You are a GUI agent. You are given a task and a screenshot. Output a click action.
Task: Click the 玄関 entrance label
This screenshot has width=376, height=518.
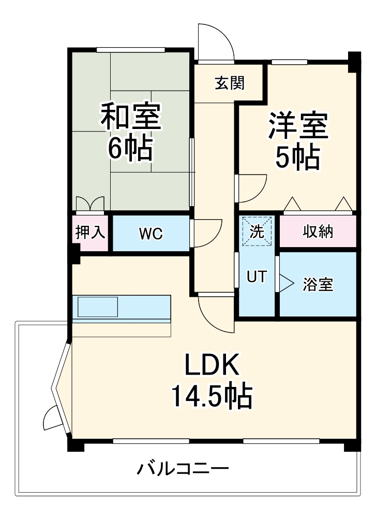tap(230, 83)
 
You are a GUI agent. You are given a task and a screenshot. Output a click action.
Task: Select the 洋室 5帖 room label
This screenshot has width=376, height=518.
tap(297, 141)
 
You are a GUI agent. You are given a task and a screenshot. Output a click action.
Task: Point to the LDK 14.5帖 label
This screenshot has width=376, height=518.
tap(212, 382)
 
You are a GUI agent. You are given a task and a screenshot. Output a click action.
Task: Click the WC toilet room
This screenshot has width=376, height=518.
tap(151, 234)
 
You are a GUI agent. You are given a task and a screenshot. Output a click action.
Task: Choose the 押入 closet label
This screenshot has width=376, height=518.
tap(91, 233)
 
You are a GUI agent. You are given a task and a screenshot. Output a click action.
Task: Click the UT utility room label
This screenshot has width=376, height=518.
tap(257, 277)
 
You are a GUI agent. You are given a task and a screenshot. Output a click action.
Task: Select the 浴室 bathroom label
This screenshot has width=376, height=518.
tap(318, 284)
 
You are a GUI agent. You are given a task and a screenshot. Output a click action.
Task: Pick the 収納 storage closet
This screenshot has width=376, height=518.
tap(318, 232)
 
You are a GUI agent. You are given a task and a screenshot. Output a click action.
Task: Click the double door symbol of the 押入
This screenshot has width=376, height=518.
tap(90, 204)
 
